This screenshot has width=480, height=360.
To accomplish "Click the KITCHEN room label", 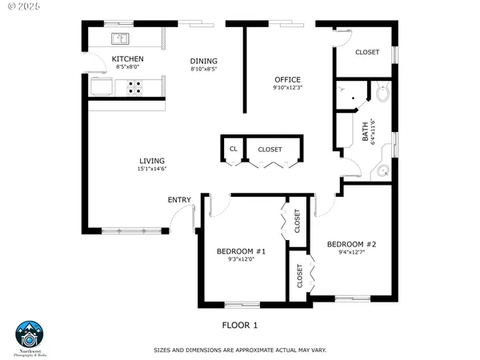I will [127, 59].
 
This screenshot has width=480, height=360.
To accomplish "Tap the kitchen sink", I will [121, 38].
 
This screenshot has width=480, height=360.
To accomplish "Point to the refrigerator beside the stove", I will [102, 86].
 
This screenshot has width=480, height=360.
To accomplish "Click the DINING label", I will [203, 62].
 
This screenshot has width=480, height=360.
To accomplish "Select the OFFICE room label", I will [287, 79].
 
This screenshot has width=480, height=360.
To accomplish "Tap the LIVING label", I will [151, 160].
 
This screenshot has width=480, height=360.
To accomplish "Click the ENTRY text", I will [178, 199].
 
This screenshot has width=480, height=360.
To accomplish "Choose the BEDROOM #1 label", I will [241, 251].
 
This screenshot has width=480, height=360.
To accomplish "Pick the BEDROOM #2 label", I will [351, 243].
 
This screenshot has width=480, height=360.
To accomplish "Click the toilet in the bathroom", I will [382, 95].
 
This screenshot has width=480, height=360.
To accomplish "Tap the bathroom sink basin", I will [382, 170].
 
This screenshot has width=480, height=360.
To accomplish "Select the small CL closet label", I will [234, 149].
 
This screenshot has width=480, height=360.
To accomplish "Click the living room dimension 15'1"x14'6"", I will [151, 169].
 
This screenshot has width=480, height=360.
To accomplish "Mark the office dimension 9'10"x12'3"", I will [287, 88].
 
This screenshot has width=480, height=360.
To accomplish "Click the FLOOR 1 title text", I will [240, 326].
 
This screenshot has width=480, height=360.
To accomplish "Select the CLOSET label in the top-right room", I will [366, 52].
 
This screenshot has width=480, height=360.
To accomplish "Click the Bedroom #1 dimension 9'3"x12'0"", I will [241, 260].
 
